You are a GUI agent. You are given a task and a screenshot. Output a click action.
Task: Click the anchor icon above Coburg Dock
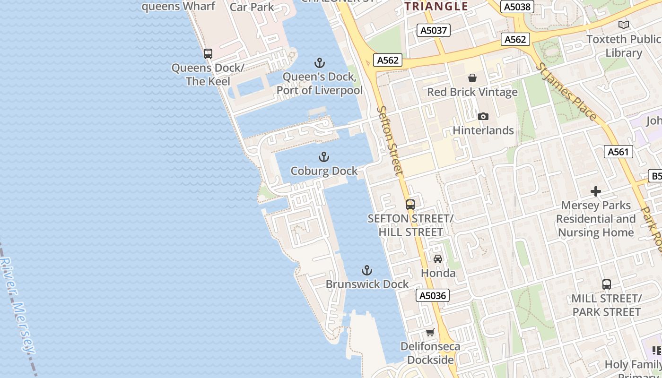[x=324, y=157]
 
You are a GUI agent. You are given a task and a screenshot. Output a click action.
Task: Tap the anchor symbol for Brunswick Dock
[x=367, y=270]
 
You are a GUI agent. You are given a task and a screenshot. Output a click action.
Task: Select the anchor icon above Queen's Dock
[x=320, y=63]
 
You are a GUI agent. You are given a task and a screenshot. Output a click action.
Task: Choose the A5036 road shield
[x=433, y=296]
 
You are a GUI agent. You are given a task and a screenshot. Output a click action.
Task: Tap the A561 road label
[x=618, y=152]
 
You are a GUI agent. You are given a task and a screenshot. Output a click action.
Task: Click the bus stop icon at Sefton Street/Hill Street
[x=410, y=205]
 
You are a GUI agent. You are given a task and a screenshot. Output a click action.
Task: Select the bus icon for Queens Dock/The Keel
[x=208, y=54]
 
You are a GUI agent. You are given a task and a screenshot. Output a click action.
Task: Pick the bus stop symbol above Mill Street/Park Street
[x=607, y=284]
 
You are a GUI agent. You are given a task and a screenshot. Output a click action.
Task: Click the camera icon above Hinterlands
[x=483, y=116]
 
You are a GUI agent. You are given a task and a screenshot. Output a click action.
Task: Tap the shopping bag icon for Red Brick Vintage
[x=472, y=78]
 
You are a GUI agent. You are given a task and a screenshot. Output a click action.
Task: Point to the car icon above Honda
[x=438, y=259]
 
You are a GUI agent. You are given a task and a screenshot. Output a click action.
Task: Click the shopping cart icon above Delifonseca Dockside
[x=430, y=333]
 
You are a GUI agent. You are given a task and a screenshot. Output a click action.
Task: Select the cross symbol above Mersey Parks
[x=596, y=191]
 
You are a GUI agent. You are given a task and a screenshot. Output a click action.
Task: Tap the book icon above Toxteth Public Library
[x=624, y=25]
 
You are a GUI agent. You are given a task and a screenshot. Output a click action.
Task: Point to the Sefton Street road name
[x=391, y=140]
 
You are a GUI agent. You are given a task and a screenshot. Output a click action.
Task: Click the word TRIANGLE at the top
[x=436, y=6]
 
